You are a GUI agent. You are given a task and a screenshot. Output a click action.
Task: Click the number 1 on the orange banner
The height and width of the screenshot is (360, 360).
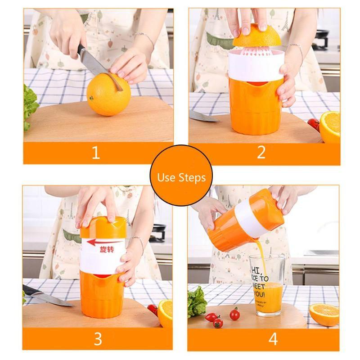pos(95,153)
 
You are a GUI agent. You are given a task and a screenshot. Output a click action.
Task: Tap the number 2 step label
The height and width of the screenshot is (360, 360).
pos(261,153)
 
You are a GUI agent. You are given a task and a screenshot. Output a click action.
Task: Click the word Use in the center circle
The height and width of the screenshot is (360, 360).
pos(166,177)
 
